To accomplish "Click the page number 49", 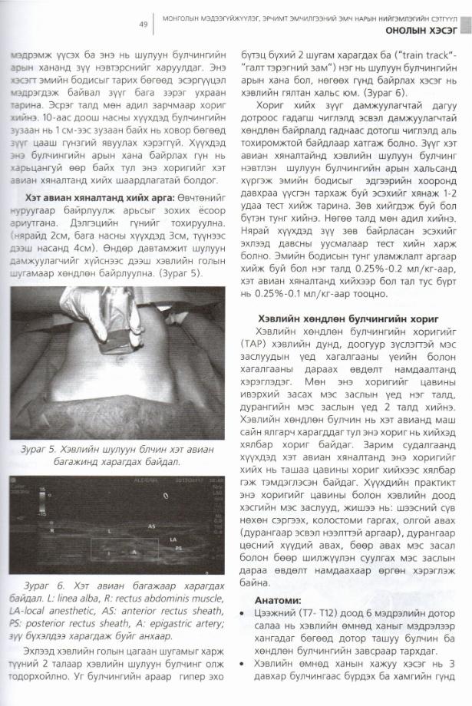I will pyautogui.click(x=143, y=24).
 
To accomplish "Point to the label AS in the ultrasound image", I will pyautogui.click(x=151, y=526).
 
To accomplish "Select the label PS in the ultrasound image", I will pyautogui.click(x=178, y=549).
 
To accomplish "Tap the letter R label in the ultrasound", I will pyautogui.click(x=52, y=529).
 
